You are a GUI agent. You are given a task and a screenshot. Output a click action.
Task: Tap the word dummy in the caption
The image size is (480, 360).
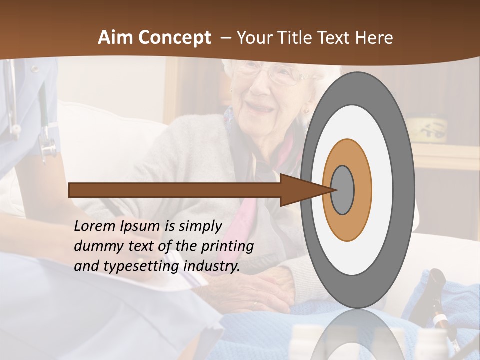point(95,246)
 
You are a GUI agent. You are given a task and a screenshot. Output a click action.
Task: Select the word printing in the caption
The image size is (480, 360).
point(227,246)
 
